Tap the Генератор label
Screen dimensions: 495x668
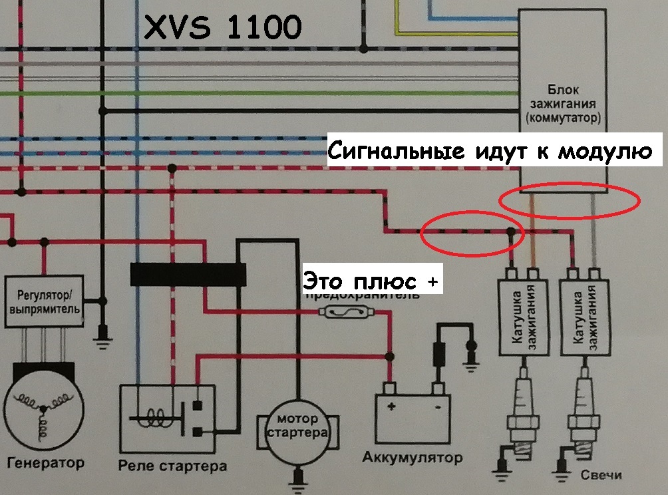tap(46, 462)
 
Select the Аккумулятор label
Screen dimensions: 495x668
tap(412, 458)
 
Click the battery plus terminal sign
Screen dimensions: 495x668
tap(393, 406)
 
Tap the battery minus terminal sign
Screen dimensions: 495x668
tap(437, 406)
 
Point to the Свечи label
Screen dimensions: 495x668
tap(600, 475)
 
